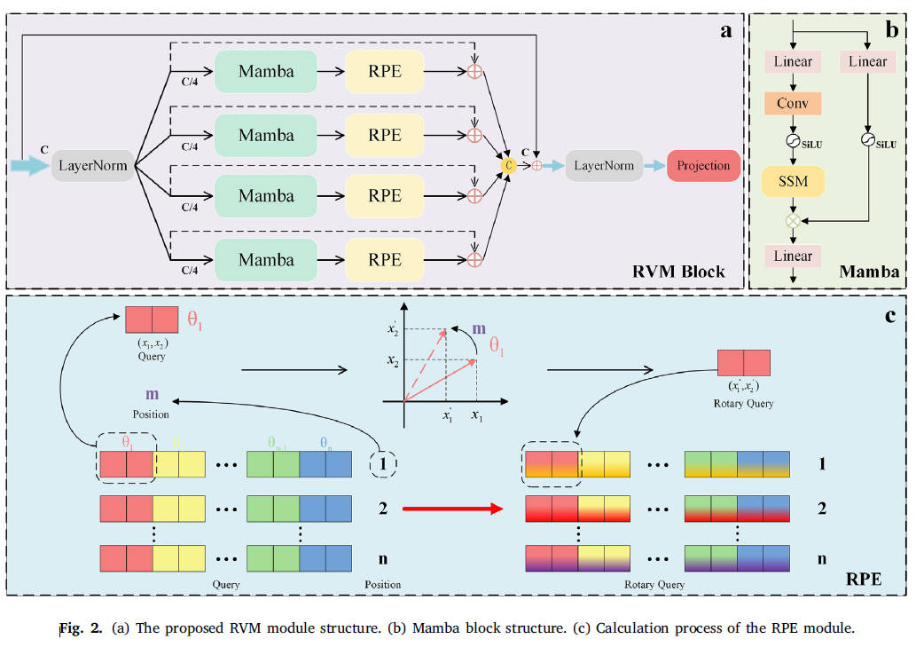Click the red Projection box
(703, 165)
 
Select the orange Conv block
(793, 103)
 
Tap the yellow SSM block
(793, 183)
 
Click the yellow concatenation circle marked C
(509, 164)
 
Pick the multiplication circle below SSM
(793, 219)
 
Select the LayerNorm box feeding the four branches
(92, 165)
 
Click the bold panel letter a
(725, 32)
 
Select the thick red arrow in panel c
(452, 509)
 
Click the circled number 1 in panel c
(382, 464)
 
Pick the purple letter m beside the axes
(479, 329)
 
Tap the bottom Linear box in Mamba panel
(793, 256)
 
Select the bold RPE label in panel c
(863, 578)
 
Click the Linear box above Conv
(793, 61)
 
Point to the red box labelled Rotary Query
(743, 363)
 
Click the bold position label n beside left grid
(383, 559)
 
